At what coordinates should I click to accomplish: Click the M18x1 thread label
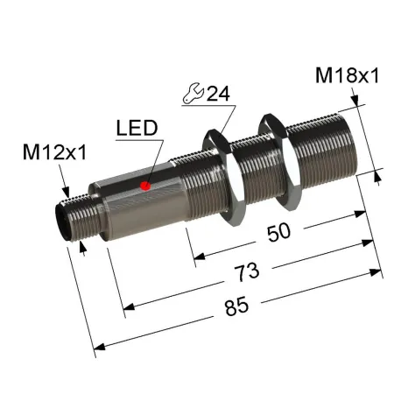347,75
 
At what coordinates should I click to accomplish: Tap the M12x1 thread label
55,152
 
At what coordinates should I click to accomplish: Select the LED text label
137,128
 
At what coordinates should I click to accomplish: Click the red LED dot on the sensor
145,186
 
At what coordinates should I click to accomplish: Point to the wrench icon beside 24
193,93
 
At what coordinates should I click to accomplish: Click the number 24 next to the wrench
218,94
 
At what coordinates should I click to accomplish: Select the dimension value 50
278,232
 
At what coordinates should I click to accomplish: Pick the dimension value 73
247,272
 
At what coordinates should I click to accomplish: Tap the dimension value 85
236,306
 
